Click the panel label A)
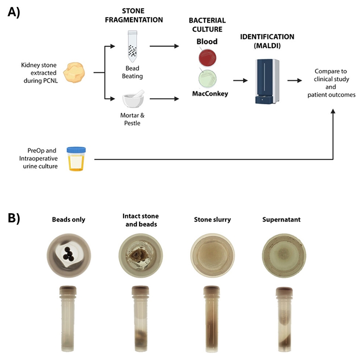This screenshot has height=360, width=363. coord(15,12)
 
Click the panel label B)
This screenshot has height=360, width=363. coord(14,219)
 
